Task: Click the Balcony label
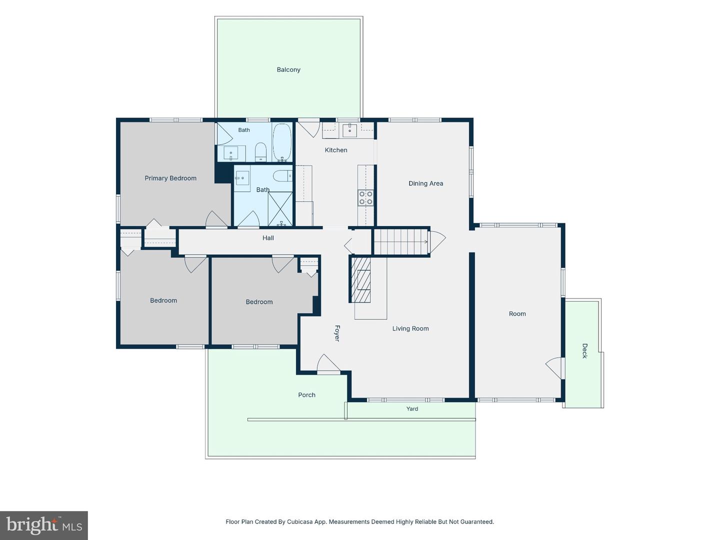coord(288,69)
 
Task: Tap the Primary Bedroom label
coord(170,178)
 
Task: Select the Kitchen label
coord(336,150)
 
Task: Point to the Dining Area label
coord(426,183)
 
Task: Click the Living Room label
coord(410,328)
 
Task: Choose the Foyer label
coord(337,333)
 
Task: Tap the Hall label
coord(268,237)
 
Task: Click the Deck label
coord(584,351)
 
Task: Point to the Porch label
coord(306,395)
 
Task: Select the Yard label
coord(412,408)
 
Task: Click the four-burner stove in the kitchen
coord(365,197)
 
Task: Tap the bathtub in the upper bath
coord(282,142)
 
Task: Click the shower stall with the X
coord(280,209)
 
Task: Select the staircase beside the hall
coord(401,242)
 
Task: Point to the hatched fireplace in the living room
coord(361,279)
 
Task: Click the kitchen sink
coord(350,130)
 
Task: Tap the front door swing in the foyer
coord(328,364)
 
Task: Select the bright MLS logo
coord(44,525)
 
